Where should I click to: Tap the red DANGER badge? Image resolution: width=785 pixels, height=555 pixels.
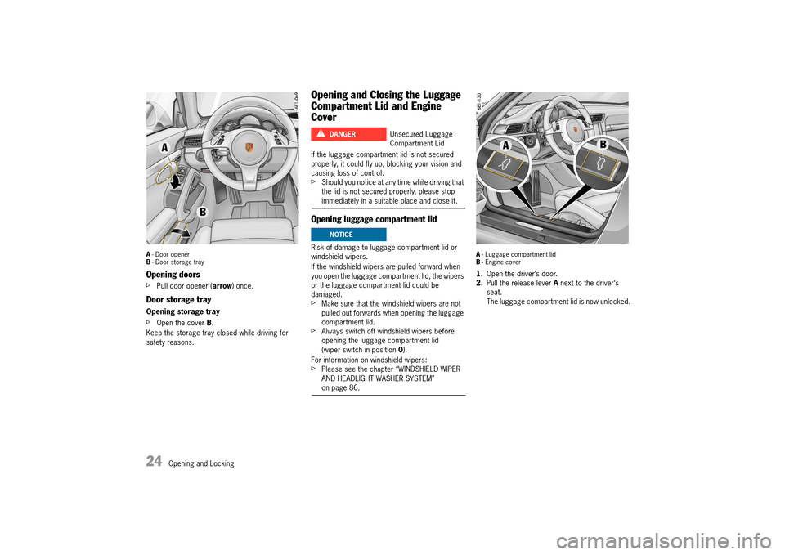coord(348,134)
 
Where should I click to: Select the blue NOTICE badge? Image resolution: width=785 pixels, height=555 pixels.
coord(348,235)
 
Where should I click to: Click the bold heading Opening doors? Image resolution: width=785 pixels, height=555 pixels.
coord(173,275)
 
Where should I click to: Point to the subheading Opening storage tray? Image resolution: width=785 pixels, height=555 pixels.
coord(183,311)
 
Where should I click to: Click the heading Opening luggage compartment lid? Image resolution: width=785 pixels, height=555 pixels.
coord(374,219)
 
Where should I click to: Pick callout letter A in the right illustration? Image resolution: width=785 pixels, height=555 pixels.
coord(505,145)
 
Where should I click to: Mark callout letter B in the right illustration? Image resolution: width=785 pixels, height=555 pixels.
coord(603,144)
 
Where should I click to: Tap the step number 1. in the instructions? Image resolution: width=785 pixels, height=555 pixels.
coord(480,274)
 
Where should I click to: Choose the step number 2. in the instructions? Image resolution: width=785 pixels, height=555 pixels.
coord(480,283)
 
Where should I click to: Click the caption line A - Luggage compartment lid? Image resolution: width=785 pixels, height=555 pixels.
coord(515,254)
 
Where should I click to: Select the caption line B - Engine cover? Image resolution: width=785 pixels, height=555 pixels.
coord(498,262)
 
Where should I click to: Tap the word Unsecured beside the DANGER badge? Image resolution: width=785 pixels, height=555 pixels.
coord(408,134)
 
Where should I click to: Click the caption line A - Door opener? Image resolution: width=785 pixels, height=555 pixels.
coord(168,254)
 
